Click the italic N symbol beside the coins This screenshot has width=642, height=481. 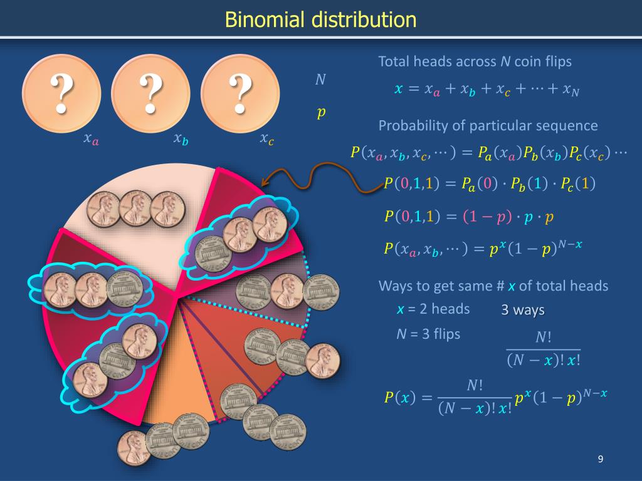click(320, 80)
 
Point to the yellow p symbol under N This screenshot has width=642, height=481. click(321, 112)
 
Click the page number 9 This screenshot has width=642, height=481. click(600, 460)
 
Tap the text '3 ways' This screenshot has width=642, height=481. click(523, 310)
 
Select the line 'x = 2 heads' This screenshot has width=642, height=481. click(433, 309)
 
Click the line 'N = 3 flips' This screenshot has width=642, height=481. click(428, 334)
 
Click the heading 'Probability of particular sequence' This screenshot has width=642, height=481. click(488, 126)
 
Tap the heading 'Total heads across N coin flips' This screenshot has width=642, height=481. click(475, 61)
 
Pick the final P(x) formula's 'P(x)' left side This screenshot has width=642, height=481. click(399, 398)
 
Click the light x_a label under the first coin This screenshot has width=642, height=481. click(92, 139)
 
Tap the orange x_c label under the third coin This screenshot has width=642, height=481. click(266, 139)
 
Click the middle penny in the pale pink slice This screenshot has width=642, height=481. click(135, 209)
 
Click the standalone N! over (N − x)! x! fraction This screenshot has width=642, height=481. click(543, 349)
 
